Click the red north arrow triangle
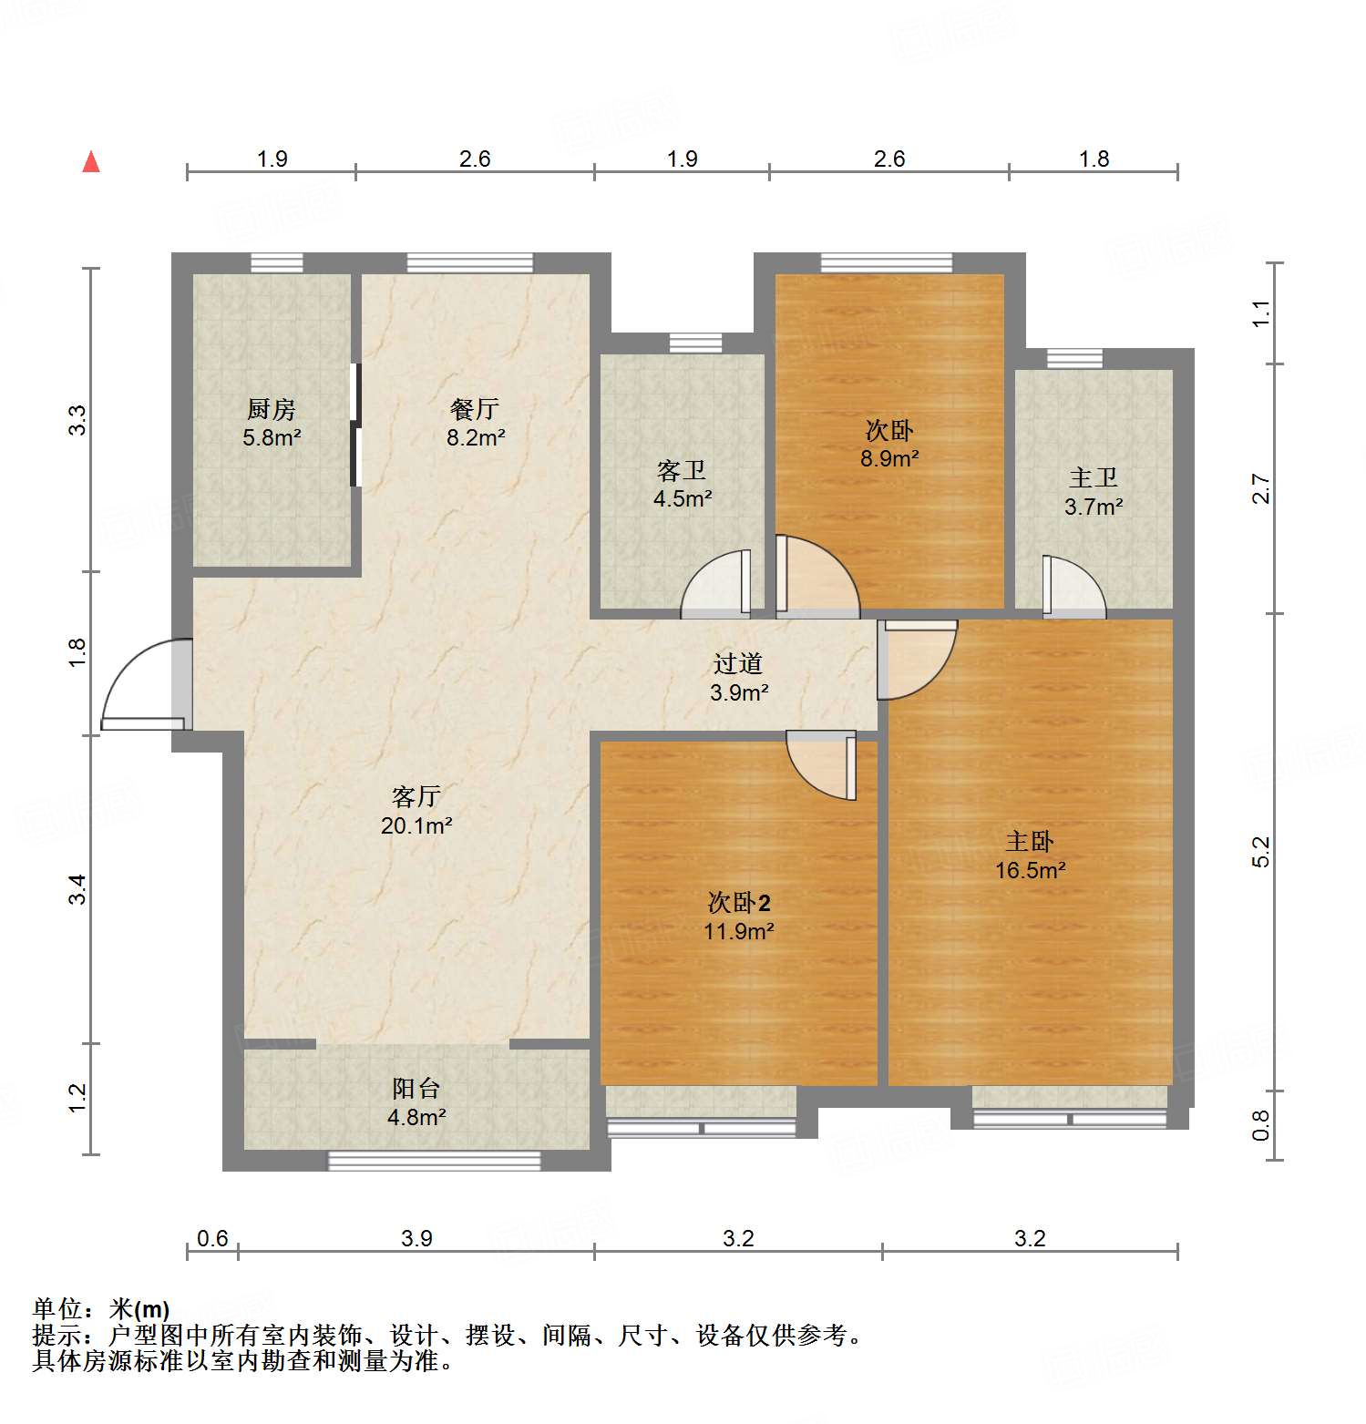[x=91, y=162]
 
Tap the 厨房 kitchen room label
[x=272, y=423]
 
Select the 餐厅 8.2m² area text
[x=475, y=424]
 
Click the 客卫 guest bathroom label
[x=682, y=485]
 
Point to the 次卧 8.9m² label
[x=889, y=444]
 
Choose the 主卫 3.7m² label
[x=1094, y=492]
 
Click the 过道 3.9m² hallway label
[x=738, y=678]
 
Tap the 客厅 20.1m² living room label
[x=416, y=811]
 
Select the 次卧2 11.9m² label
[x=738, y=917]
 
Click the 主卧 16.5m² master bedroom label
[x=1030, y=855]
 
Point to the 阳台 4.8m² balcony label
[x=416, y=1102]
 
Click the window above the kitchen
[x=277, y=263]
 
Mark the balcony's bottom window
[x=434, y=1161]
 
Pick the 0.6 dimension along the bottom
[x=212, y=1238]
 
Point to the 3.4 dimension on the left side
[x=78, y=888]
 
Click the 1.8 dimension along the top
[x=1094, y=159]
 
